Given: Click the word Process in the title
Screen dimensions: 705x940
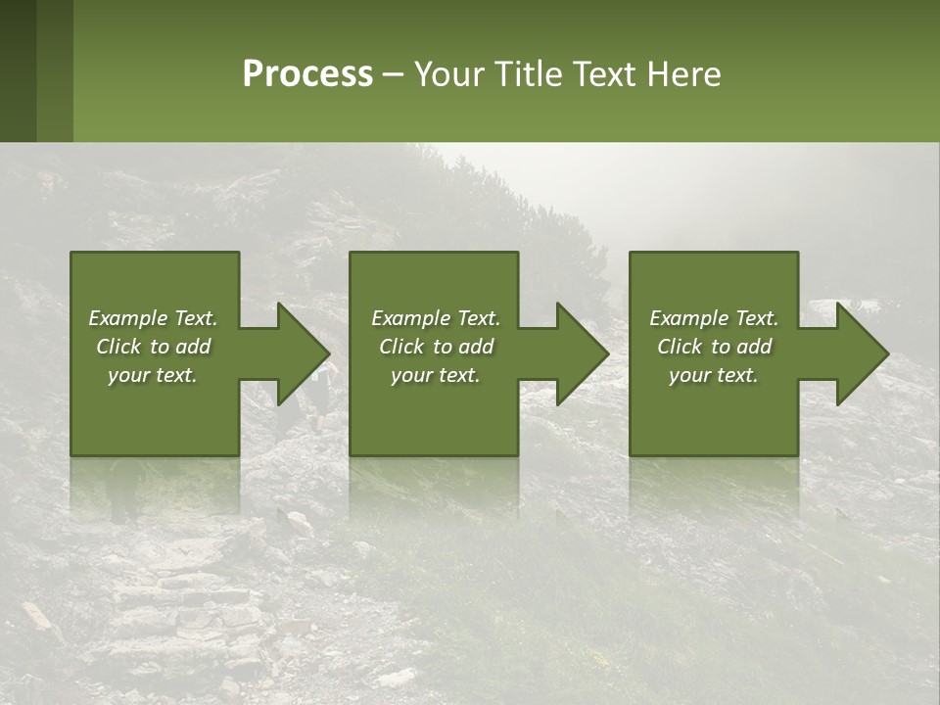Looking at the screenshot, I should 307,73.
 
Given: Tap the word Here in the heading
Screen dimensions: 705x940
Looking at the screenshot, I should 684,73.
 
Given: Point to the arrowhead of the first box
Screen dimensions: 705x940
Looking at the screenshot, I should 305,353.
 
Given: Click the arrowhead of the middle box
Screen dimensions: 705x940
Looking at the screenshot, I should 584,353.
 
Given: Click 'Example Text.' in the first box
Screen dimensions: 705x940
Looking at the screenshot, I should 153,318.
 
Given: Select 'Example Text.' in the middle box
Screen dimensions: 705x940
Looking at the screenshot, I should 436,318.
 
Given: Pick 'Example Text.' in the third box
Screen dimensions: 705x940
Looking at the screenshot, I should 714,318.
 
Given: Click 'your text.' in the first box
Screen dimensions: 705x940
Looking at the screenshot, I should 153,375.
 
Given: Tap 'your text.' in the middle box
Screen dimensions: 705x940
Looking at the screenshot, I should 436,375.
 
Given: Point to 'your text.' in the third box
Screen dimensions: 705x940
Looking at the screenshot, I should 714,375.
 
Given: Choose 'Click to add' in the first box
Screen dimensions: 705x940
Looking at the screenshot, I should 153,347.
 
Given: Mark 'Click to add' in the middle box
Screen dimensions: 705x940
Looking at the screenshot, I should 436,347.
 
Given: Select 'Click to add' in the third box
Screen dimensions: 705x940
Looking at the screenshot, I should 714,347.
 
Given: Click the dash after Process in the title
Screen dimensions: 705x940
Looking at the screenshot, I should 393,74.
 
